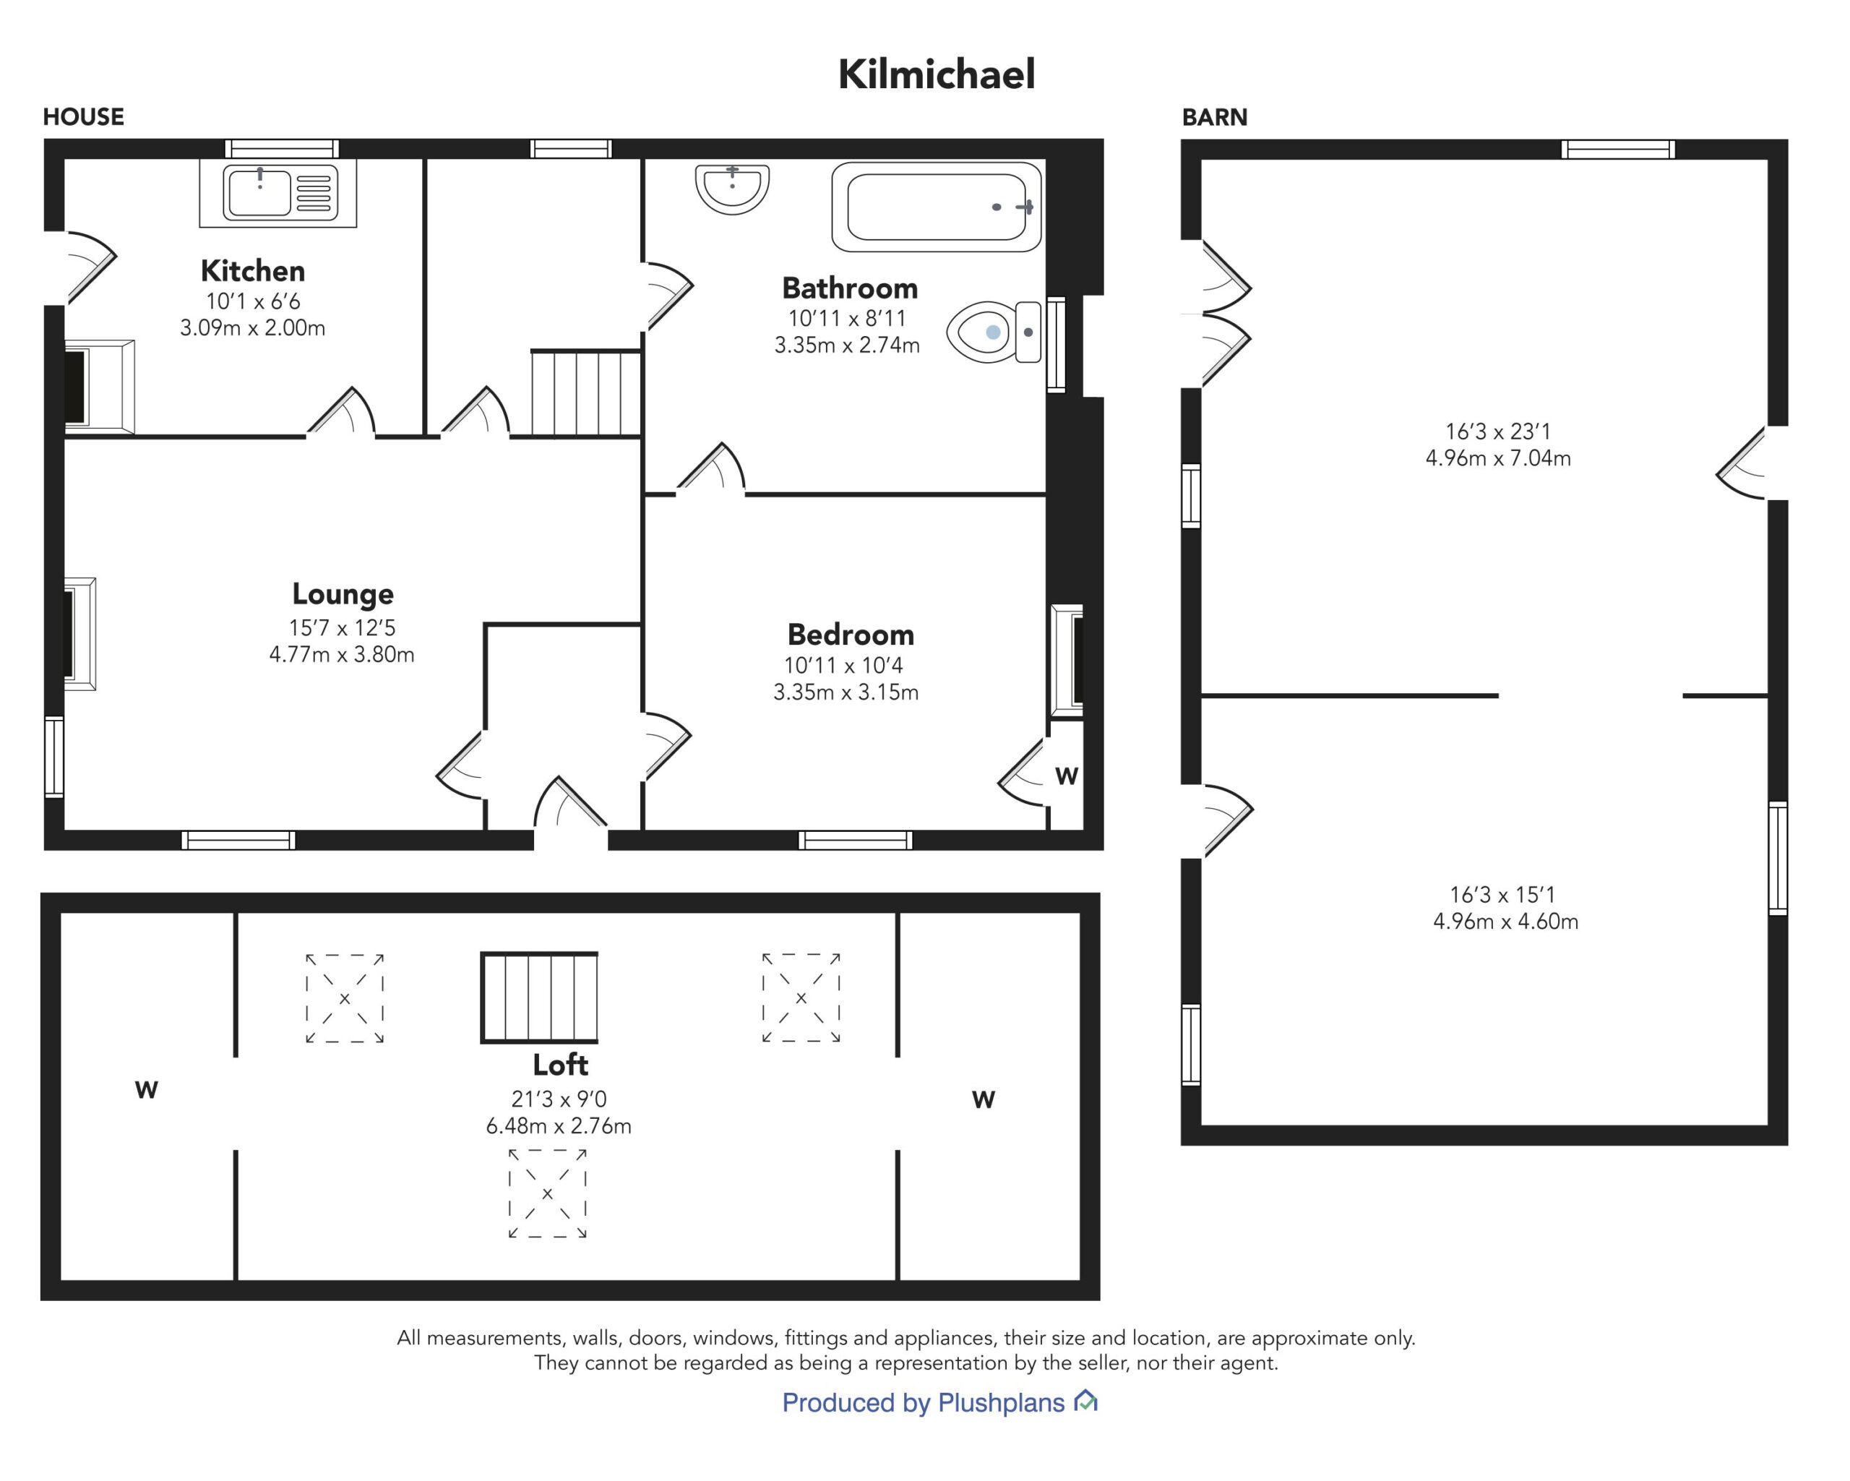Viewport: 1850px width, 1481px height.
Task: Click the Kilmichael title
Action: pos(936,74)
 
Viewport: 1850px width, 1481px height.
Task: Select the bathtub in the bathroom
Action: pos(936,207)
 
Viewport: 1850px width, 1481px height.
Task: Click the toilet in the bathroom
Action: pos(994,332)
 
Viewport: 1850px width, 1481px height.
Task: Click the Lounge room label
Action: pos(343,593)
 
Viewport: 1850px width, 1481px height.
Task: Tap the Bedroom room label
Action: pos(851,635)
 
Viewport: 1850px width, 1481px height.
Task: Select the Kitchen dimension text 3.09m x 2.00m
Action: pos(252,327)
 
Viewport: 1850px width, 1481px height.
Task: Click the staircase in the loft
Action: pos(539,997)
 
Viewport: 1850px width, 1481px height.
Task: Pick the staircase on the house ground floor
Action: pos(586,393)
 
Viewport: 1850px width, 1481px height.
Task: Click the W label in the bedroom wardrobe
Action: pos(1067,776)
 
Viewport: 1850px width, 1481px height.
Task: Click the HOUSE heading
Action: pos(83,116)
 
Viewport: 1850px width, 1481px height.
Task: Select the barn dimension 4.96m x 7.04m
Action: pos(1498,458)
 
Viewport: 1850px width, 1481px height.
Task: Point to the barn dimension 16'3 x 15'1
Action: pos(1502,895)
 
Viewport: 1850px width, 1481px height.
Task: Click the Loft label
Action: pos(560,1065)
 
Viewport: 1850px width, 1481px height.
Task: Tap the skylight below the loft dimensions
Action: pos(548,1193)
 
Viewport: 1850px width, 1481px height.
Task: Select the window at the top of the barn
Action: pos(1617,150)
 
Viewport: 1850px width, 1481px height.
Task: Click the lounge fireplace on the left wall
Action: pos(79,634)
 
